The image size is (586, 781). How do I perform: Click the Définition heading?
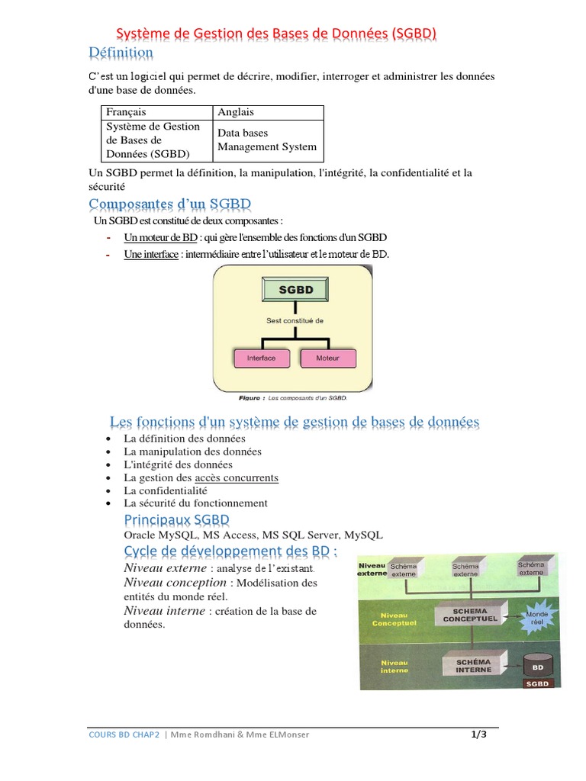point(121,53)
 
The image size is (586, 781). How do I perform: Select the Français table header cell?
point(126,112)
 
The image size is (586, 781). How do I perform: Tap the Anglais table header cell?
point(236,112)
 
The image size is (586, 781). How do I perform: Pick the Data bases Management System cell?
point(267,140)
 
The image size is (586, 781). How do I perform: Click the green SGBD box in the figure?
point(296,290)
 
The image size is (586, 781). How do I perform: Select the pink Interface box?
point(261,357)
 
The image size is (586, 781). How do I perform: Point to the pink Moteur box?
point(327,357)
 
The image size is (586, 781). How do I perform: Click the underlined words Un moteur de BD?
point(160,237)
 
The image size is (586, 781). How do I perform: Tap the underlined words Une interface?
point(151,254)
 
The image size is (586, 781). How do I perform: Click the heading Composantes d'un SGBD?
point(169,204)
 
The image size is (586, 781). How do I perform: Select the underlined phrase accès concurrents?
point(237,478)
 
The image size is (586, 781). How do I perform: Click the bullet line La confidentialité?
point(166,491)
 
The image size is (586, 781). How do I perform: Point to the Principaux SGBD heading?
point(176,520)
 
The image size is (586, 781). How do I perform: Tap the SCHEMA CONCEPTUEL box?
point(470,615)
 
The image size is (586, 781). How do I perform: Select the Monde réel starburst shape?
point(537,618)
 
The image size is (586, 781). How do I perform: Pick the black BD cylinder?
point(537,666)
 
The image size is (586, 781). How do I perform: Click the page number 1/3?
point(478,735)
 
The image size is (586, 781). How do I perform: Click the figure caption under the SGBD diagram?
point(293,397)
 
